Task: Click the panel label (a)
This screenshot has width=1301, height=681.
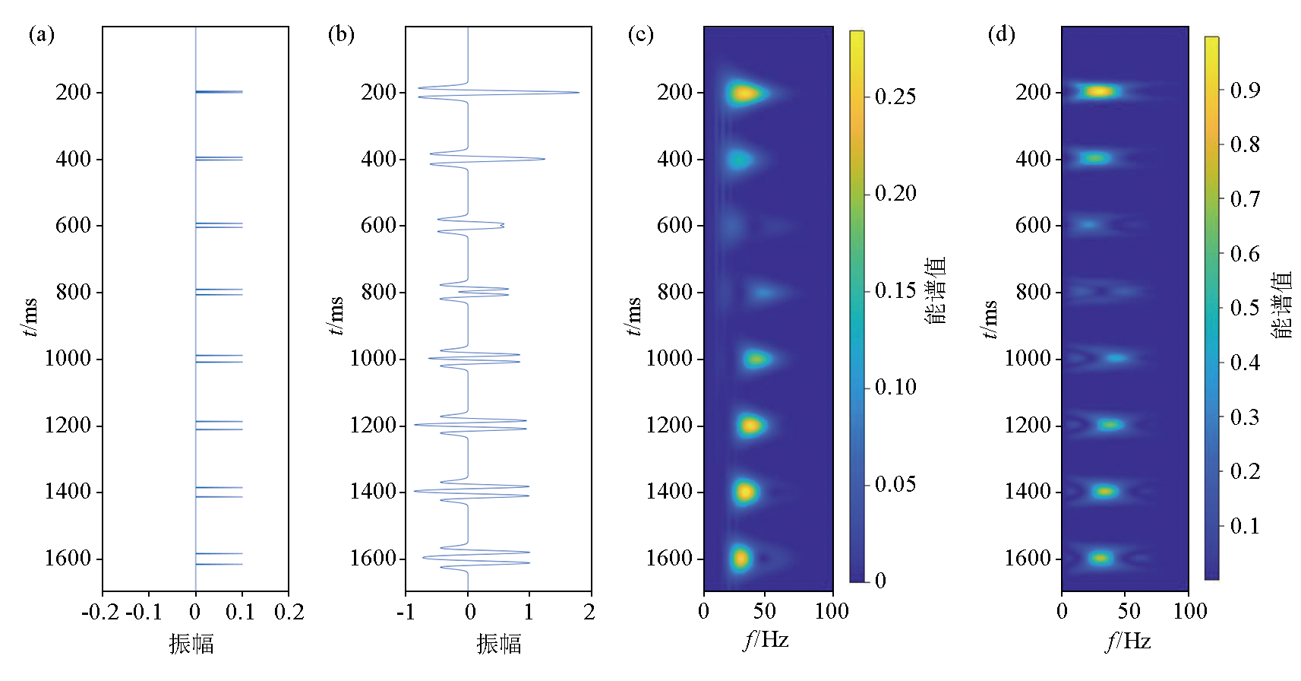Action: coord(42,35)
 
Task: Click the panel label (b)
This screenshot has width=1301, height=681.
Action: coord(341,35)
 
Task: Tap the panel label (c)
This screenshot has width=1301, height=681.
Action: coord(640,35)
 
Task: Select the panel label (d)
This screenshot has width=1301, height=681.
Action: coord(1001,35)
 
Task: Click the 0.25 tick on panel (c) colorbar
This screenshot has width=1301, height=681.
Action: coord(895,97)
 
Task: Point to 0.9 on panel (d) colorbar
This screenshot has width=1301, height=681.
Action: coord(1245,90)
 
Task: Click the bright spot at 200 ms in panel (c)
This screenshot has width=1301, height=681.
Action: coord(744,93)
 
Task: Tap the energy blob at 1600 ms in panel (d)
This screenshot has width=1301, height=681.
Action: coord(1100,558)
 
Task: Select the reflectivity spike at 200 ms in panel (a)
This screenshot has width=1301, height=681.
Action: coord(220,92)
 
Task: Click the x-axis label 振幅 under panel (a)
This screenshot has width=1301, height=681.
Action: coord(191,645)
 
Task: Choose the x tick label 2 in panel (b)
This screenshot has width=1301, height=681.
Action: coord(589,613)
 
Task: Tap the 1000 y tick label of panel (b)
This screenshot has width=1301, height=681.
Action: coord(373,359)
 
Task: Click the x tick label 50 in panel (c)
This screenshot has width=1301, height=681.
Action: coord(765,612)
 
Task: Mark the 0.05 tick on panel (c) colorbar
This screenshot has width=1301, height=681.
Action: coord(895,484)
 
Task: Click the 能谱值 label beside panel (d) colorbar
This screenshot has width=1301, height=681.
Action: coord(1280,305)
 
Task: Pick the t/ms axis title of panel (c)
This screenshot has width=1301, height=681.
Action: coord(633,316)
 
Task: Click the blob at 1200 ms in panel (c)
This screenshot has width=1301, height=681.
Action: coord(750,425)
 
